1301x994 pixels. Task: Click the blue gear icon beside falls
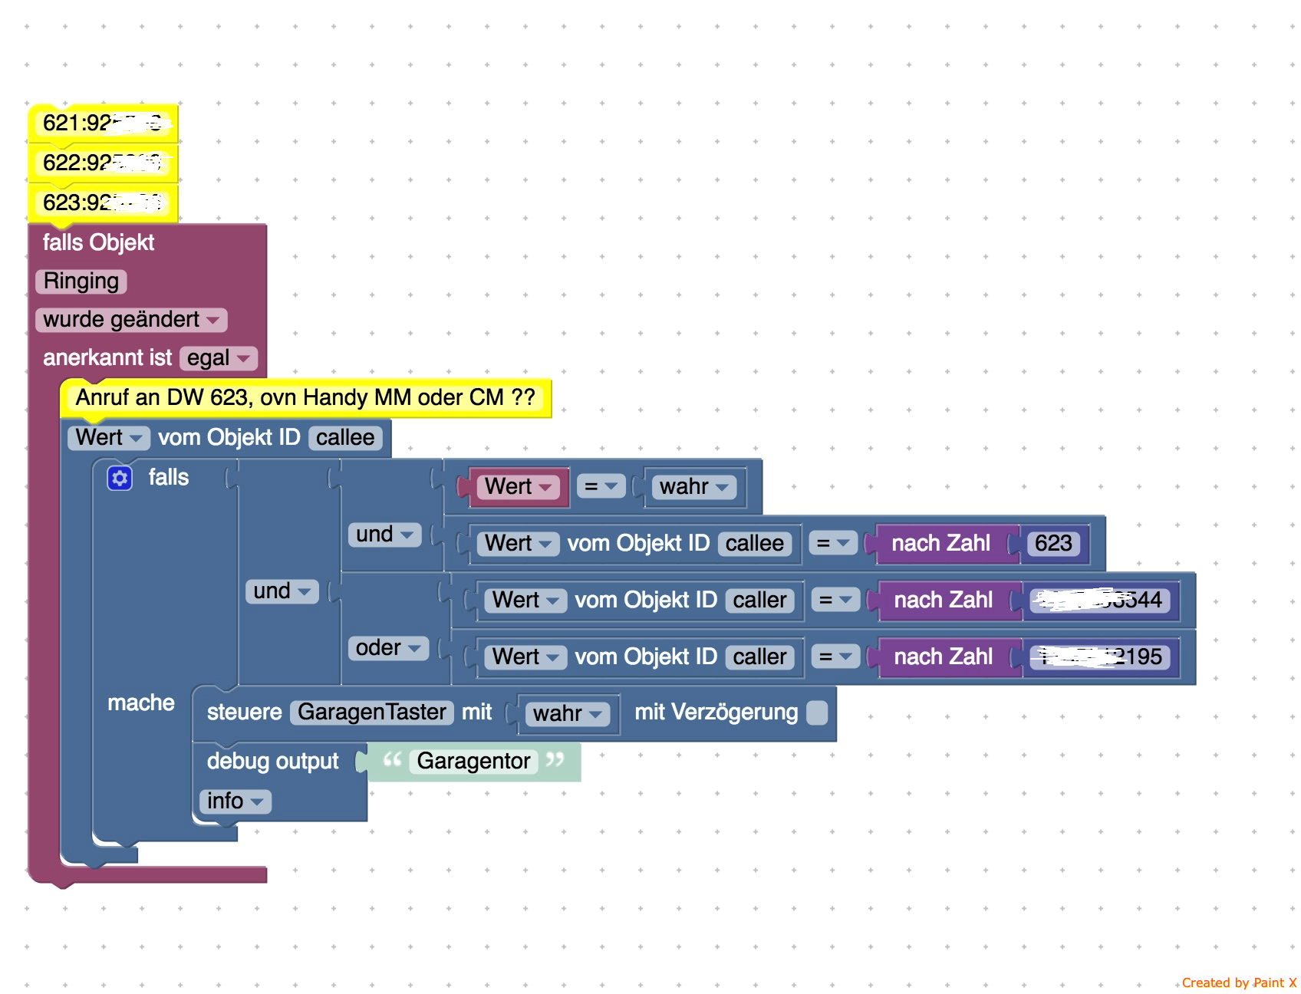tap(120, 479)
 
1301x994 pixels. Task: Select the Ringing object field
tap(81, 281)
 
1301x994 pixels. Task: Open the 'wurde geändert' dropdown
tap(130, 320)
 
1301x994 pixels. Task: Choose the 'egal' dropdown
tap(218, 358)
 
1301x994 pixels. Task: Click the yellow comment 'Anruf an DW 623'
tap(305, 397)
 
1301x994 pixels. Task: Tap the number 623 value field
tap(1053, 544)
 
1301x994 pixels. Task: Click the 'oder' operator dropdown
tap(388, 648)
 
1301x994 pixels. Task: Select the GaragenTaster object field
tap(371, 713)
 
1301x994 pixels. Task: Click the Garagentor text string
tap(473, 761)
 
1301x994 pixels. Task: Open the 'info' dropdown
tap(235, 801)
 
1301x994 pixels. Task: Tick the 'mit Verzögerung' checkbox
tap(818, 713)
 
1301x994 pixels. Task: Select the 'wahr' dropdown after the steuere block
tap(566, 714)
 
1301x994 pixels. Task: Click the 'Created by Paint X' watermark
tap(1238, 982)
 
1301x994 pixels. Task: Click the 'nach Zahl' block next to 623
tap(940, 544)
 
